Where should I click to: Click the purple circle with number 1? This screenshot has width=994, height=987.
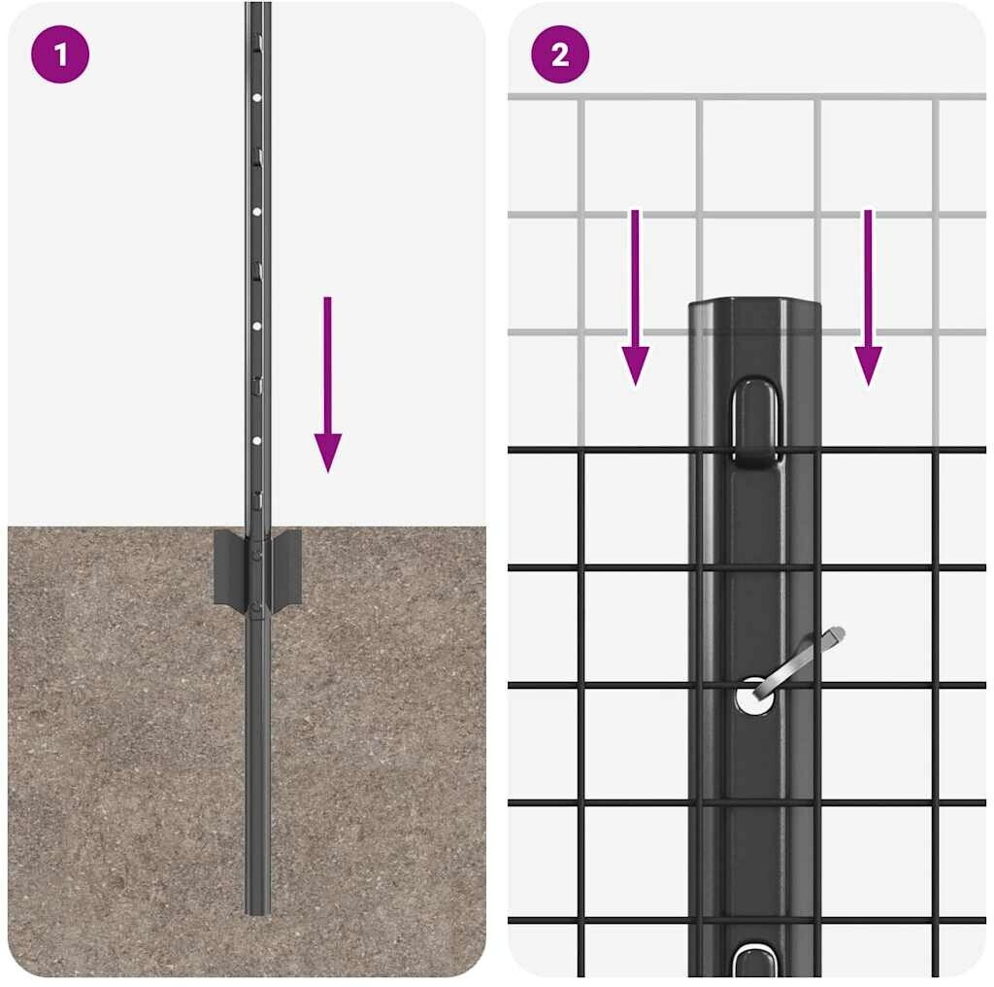point(60,54)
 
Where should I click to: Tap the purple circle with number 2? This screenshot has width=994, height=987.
point(560,54)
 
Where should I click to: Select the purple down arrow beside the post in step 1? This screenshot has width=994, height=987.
point(328,385)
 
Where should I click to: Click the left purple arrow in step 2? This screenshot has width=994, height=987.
point(635,297)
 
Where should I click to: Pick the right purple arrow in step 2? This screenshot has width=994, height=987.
point(868,297)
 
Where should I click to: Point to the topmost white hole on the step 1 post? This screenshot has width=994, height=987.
point(256,98)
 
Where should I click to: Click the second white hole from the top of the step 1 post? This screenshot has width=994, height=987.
point(256,212)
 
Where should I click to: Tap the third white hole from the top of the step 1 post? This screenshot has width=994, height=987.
point(256,326)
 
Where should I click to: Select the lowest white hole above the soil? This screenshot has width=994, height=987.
point(256,440)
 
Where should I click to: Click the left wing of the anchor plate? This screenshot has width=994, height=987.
point(229,567)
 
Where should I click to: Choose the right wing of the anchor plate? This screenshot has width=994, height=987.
point(285,567)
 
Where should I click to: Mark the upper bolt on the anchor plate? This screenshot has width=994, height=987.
point(256,555)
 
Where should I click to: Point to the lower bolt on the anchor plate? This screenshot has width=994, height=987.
point(256,610)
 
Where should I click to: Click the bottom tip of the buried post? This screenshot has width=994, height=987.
point(258,912)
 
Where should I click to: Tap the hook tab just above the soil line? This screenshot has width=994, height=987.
point(257,500)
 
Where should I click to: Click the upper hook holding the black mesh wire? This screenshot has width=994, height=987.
point(754,423)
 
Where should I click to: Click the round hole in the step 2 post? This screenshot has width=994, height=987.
point(754,697)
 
